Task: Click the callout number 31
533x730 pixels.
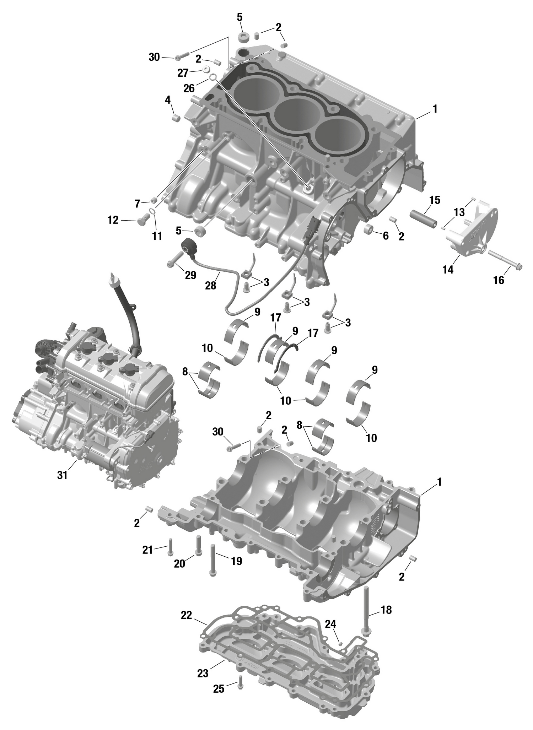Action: point(62,475)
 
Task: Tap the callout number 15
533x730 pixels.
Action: point(434,200)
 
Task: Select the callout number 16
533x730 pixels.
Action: point(499,280)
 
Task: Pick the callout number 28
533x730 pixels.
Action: point(211,285)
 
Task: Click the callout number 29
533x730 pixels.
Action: point(190,275)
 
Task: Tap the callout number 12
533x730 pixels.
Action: point(113,221)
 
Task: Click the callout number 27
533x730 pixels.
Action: point(183,73)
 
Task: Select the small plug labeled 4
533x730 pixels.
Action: point(176,118)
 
